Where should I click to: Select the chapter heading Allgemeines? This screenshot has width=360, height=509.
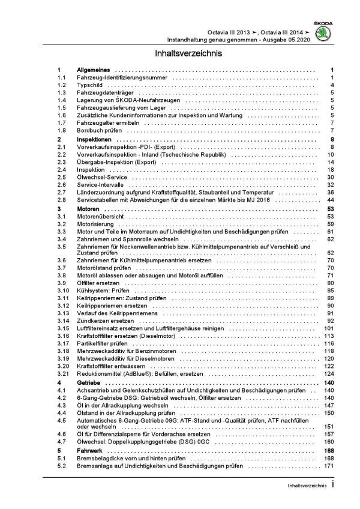[93, 71]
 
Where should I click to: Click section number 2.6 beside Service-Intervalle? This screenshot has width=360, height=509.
[60, 186]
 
